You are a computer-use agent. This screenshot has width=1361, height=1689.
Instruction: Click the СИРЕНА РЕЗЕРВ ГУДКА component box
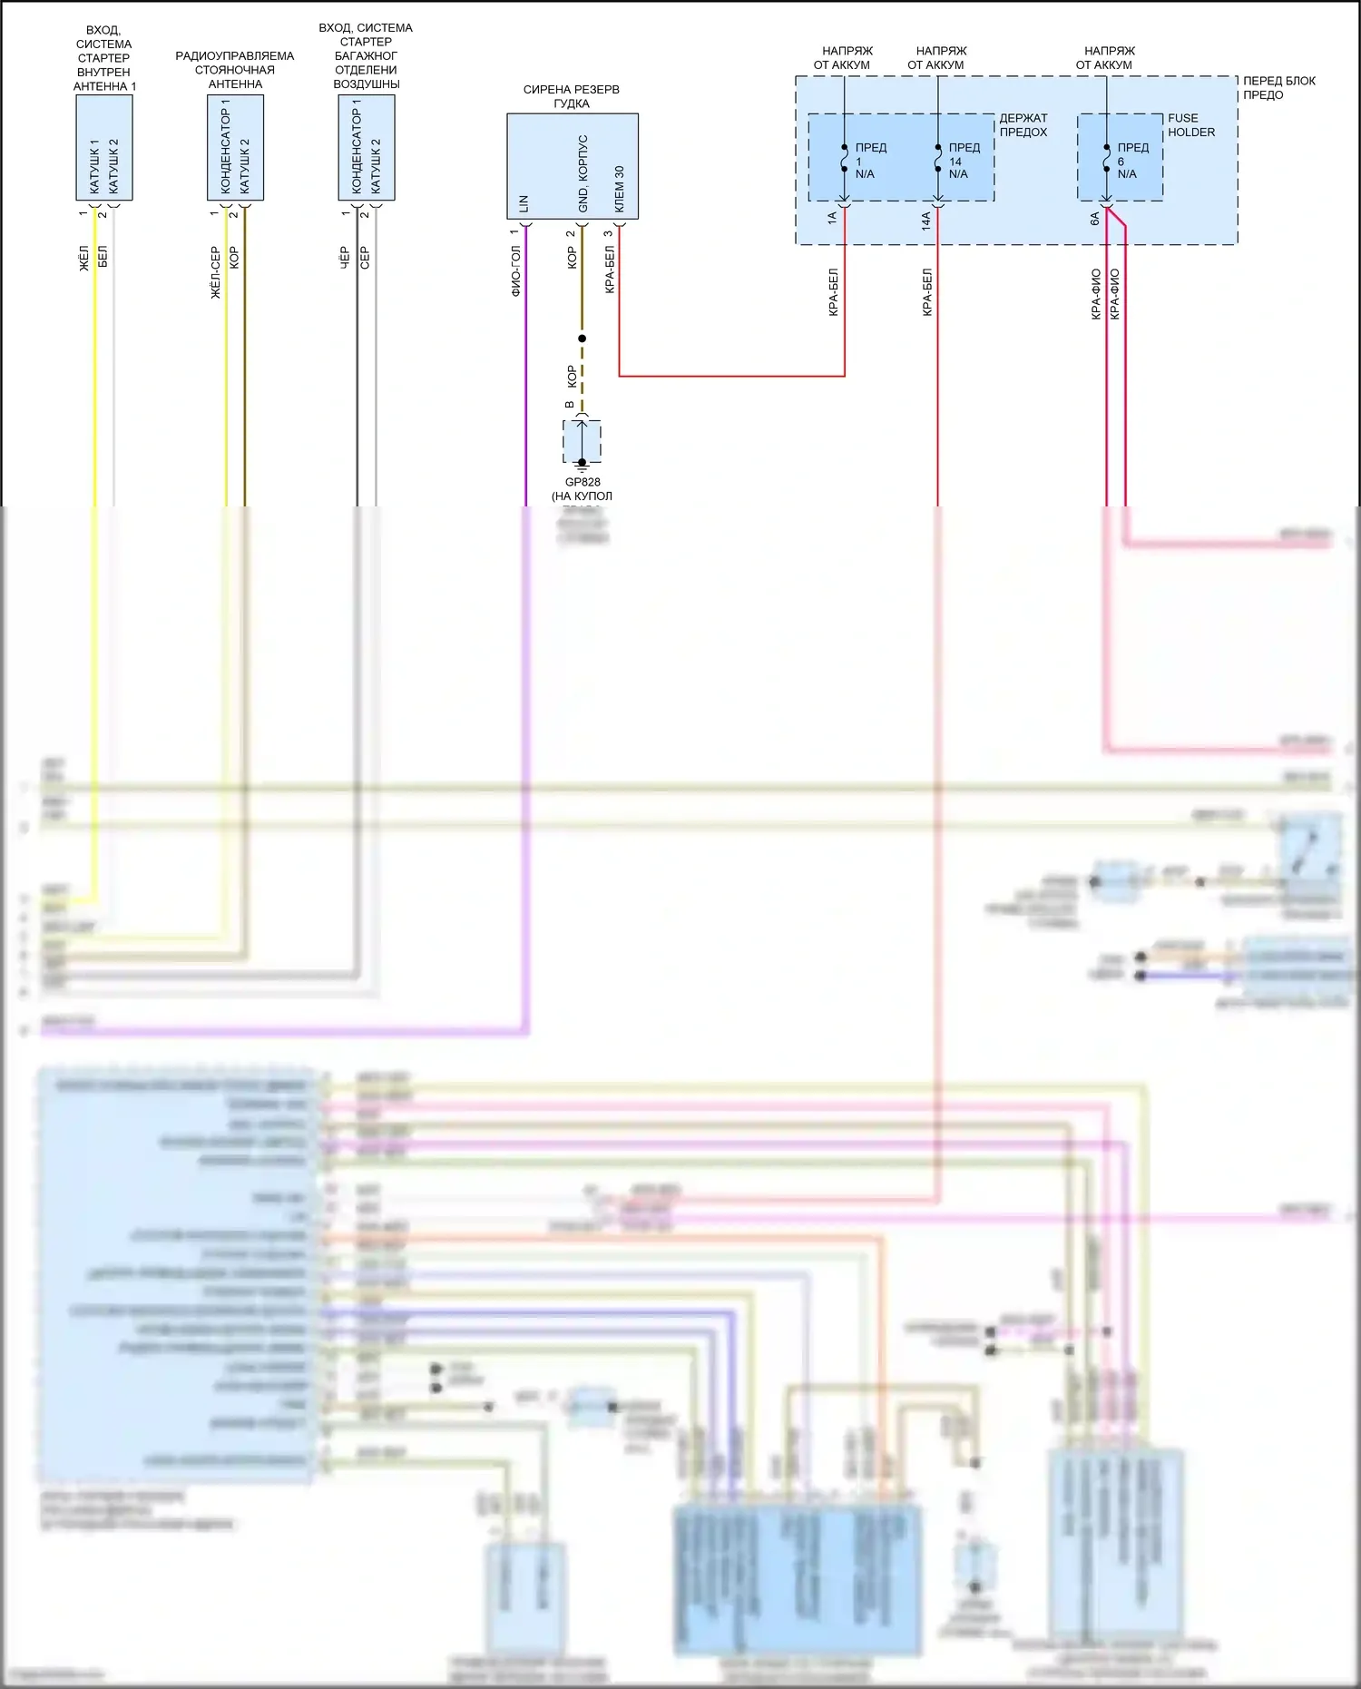pyautogui.click(x=572, y=166)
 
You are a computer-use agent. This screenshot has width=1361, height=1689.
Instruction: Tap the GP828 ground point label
pyautogui.click(x=583, y=482)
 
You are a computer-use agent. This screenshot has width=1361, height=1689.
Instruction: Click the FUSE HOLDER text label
pyautogui.click(x=1190, y=125)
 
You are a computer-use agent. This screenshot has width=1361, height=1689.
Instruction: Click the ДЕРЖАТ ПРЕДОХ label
pyautogui.click(x=1023, y=125)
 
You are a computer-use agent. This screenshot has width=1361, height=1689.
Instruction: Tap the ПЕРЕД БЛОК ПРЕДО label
pyautogui.click(x=1278, y=87)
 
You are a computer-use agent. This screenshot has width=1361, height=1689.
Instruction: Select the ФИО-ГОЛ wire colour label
pyautogui.click(x=515, y=271)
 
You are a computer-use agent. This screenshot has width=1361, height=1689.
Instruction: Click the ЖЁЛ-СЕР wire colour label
pyautogui.click(x=215, y=272)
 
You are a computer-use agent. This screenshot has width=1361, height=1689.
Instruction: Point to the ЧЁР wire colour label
pyautogui.click(x=345, y=258)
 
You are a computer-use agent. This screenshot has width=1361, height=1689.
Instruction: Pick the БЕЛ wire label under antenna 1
pyautogui.click(x=103, y=256)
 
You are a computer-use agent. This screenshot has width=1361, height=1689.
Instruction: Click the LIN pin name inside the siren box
pyautogui.click(x=524, y=203)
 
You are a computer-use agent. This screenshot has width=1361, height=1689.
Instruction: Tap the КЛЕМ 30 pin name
pyautogui.click(x=620, y=189)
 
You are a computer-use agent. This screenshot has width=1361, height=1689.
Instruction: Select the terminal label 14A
pyautogui.click(x=926, y=221)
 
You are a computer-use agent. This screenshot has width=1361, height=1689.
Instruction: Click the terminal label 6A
pyautogui.click(x=1095, y=219)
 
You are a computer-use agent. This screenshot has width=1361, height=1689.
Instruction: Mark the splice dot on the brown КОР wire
pyautogui.click(x=582, y=339)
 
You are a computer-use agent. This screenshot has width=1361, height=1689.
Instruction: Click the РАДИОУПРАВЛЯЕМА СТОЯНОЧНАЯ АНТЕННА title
pyautogui.click(x=235, y=70)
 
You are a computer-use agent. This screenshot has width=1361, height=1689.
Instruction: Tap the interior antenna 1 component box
pyautogui.click(x=104, y=147)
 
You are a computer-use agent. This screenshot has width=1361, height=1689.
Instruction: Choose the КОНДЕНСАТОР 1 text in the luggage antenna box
pyautogui.click(x=357, y=147)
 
